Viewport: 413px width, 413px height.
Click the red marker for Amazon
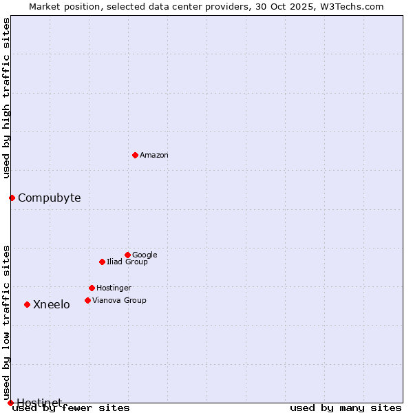pos(135,155)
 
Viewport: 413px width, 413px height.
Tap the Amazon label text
pos(154,156)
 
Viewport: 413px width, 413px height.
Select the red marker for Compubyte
pos(12,198)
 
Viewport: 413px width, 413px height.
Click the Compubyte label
pos(49,198)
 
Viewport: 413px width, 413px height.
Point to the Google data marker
pos(127,255)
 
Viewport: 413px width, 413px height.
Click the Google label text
pos(145,255)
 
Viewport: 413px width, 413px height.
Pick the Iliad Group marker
pos(102,262)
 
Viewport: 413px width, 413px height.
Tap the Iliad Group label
pos(127,262)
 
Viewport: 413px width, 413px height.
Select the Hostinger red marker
pos(92,288)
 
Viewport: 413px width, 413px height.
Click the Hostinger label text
pos(114,288)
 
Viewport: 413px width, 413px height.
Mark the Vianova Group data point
pos(87,300)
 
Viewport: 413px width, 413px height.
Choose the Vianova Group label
pos(119,301)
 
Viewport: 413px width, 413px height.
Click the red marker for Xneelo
pos(27,304)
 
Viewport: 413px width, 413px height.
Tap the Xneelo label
pos(52,305)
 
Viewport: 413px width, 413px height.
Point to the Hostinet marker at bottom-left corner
pos(10,403)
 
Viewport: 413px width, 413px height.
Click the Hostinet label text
pos(39,403)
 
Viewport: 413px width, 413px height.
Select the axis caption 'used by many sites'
pos(346,408)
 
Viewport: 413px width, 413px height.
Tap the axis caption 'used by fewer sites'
pos(71,408)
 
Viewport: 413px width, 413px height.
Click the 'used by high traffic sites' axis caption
pos(7,98)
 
